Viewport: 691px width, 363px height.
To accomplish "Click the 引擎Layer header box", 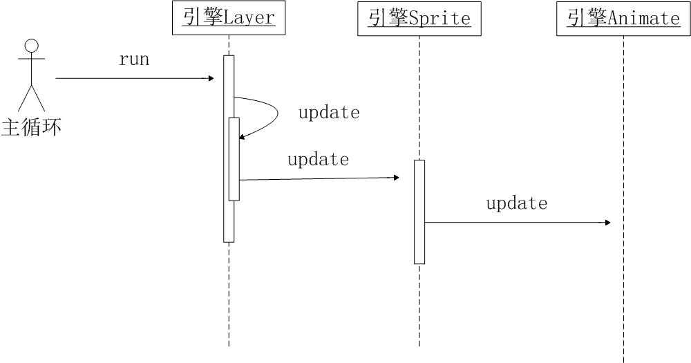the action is click(229, 18).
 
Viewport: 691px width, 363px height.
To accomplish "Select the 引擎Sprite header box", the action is click(419, 19).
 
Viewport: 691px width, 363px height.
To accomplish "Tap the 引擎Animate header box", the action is click(623, 19).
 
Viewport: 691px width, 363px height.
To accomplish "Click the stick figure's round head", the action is click(31, 46).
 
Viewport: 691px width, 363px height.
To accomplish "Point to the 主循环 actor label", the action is click(31, 127).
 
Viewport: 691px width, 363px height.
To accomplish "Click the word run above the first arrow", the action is click(134, 59).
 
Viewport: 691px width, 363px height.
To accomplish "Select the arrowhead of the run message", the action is click(211, 79).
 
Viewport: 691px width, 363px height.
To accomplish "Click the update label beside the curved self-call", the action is click(329, 112).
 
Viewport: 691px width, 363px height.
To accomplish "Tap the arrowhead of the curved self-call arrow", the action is click(241, 137).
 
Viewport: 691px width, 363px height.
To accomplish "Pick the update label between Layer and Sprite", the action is click(318, 159).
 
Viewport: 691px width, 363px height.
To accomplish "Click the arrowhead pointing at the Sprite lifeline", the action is click(396, 177).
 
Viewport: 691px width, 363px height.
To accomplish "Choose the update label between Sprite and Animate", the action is click(517, 203).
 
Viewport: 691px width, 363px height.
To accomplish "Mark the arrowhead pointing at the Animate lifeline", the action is click(607, 223).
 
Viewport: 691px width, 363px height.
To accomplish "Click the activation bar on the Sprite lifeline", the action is click(419, 212).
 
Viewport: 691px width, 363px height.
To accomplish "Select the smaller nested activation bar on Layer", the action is click(234, 159).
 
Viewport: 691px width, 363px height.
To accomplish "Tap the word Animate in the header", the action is click(644, 19).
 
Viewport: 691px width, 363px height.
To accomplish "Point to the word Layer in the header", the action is click(249, 19).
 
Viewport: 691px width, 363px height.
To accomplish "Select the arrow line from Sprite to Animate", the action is click(518, 223).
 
